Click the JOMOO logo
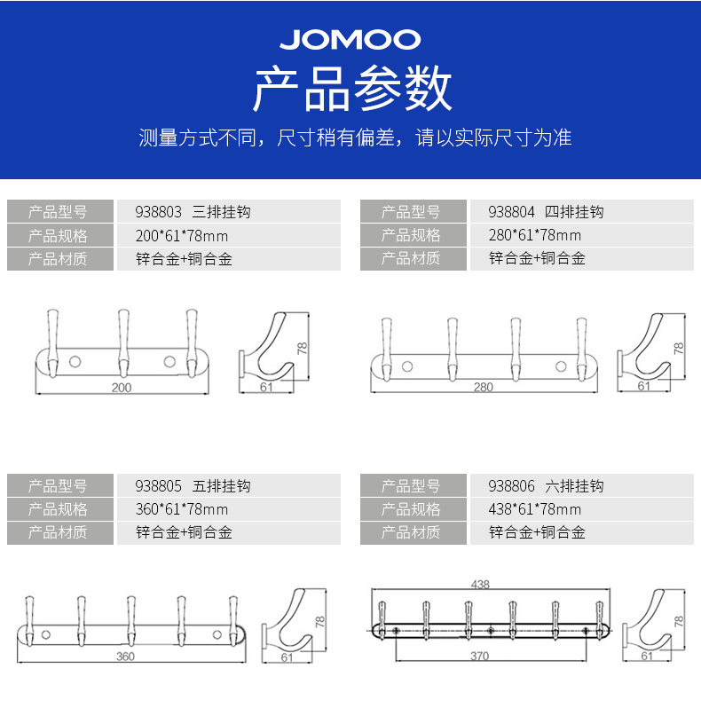coord(350,39)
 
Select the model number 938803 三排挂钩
coord(193,212)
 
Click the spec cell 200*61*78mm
coord(182,235)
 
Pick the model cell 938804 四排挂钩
coord(546,212)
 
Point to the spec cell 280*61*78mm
coord(535,235)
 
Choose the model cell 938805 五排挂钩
coord(193,486)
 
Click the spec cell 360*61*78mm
coord(182,509)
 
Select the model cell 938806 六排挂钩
coord(546,486)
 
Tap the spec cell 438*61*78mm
coord(535,509)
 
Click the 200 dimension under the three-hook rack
coord(122,388)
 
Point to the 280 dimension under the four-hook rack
coord(483,387)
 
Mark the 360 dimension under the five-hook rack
coord(124,657)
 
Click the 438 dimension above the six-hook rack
coord(480,585)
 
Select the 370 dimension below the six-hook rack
coord(480,656)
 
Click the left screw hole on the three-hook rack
coord(75,361)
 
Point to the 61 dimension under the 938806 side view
coord(646,656)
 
